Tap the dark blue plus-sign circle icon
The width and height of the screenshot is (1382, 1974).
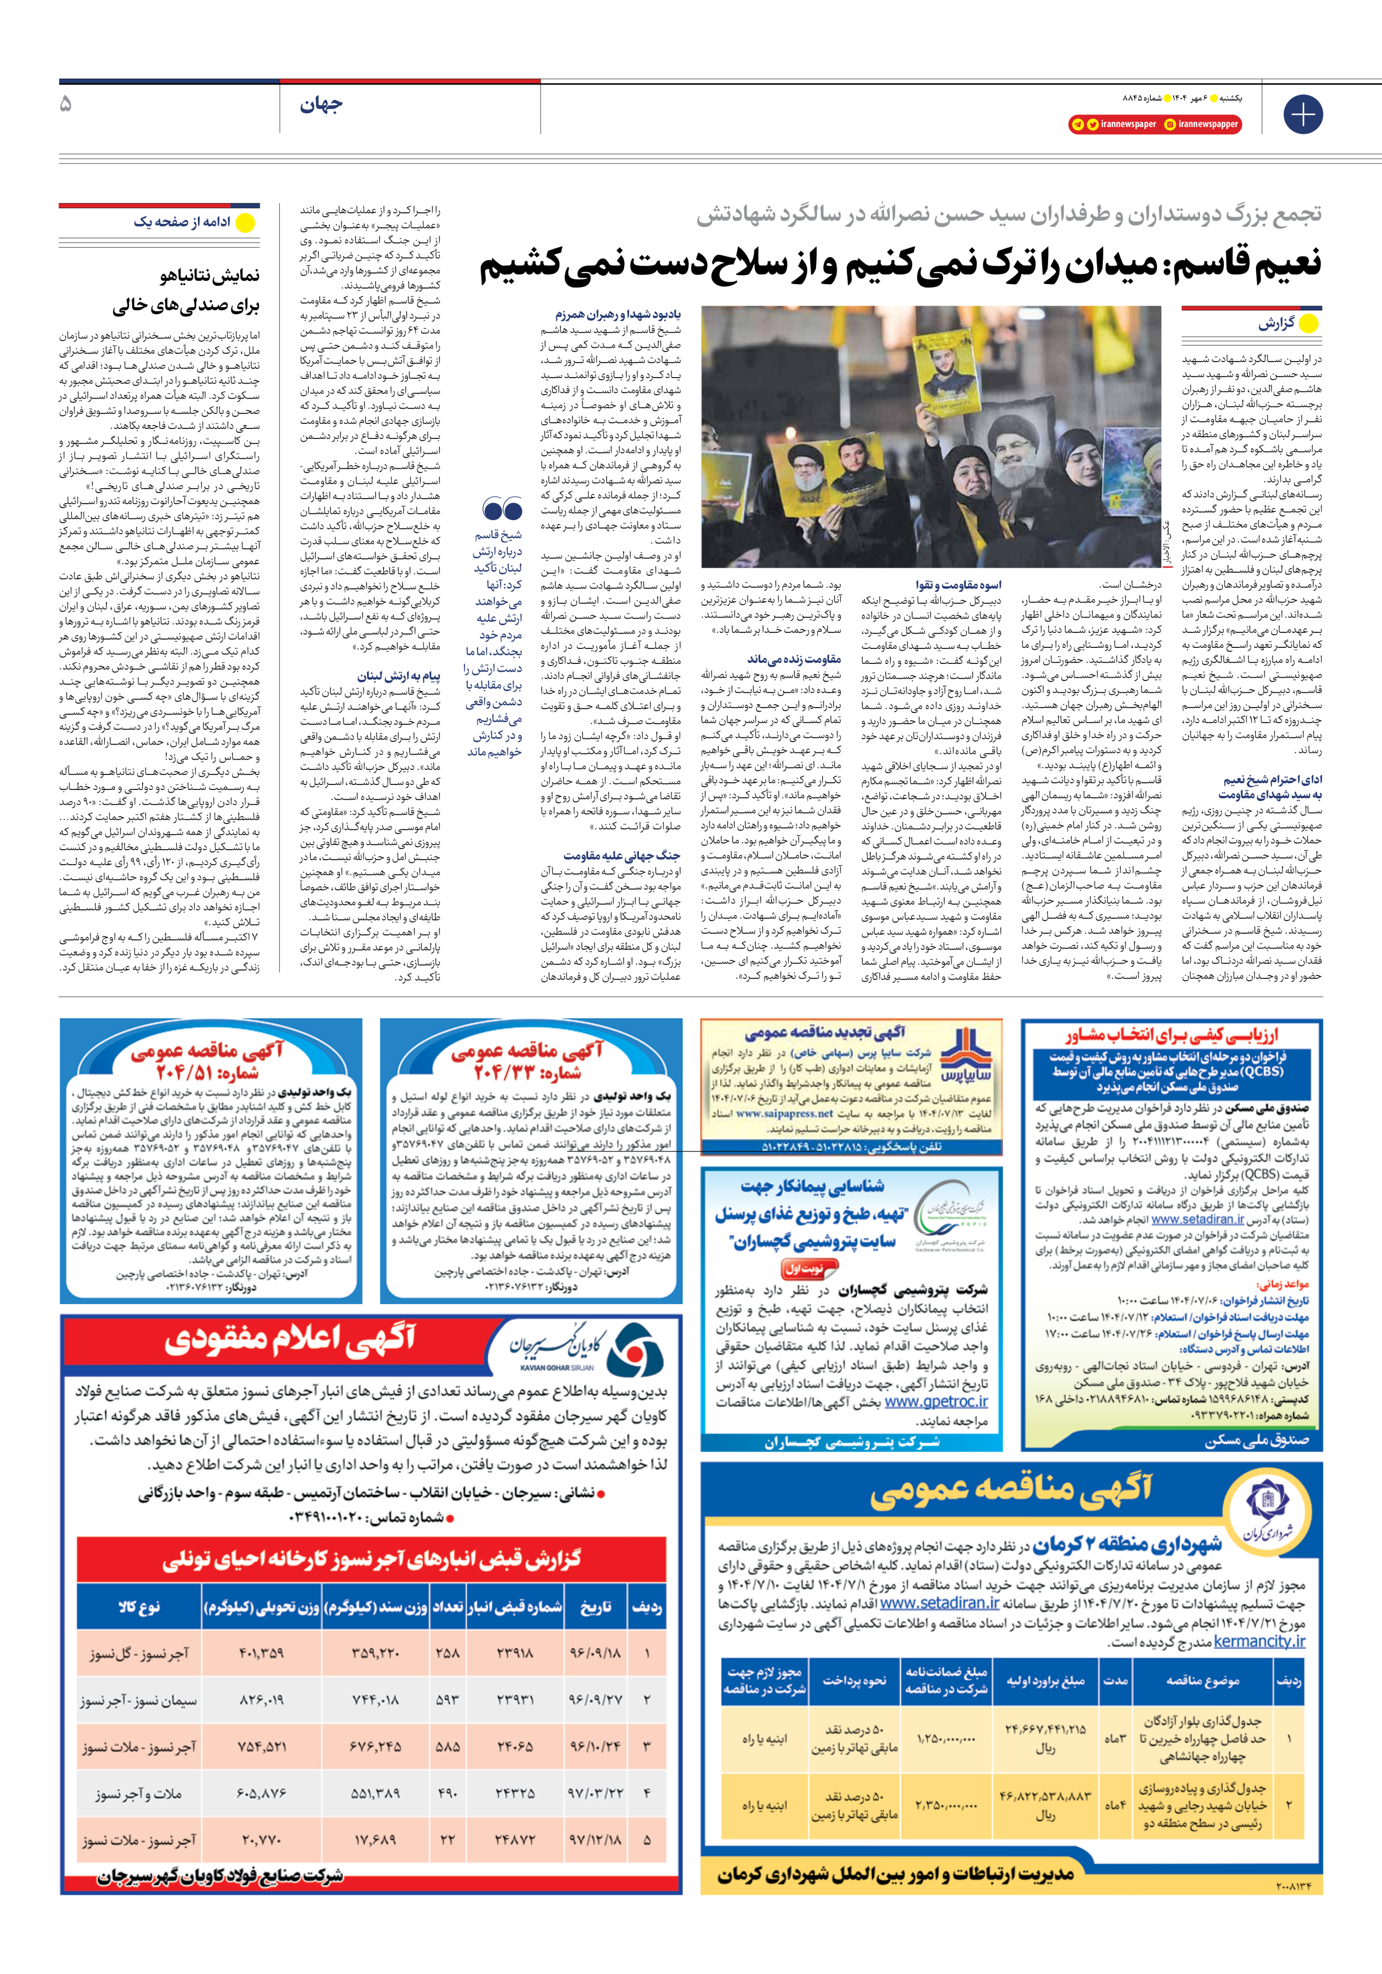pos(1302,114)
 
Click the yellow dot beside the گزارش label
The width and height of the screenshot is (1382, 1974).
pos(1308,324)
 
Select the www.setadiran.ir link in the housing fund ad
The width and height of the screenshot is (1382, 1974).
pos(1197,1219)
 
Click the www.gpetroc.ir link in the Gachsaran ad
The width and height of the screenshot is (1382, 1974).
pos(936,1401)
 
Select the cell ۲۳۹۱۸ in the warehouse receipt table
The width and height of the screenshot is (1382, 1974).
pos(514,1652)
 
